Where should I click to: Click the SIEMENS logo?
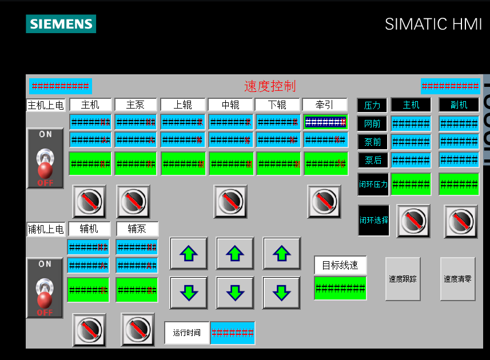click(x=61, y=24)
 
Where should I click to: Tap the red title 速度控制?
click(x=270, y=86)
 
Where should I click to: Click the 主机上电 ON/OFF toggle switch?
click(x=45, y=158)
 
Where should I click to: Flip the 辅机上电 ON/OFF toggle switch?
click(x=45, y=287)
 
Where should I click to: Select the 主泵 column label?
click(x=136, y=105)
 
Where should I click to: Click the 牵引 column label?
click(x=325, y=105)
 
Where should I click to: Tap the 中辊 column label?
click(x=230, y=105)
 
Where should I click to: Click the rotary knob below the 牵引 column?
click(x=324, y=201)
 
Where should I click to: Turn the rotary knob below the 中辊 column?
click(x=230, y=201)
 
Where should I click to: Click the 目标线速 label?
click(x=340, y=265)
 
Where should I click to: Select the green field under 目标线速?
click(x=340, y=288)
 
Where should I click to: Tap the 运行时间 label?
click(x=186, y=333)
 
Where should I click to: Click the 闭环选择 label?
click(x=373, y=221)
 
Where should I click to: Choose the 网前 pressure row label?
click(x=372, y=123)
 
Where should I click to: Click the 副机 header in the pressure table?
click(x=459, y=105)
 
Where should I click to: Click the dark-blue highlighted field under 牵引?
click(x=325, y=122)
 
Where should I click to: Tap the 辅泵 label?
click(x=137, y=229)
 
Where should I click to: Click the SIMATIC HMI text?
click(x=433, y=24)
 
